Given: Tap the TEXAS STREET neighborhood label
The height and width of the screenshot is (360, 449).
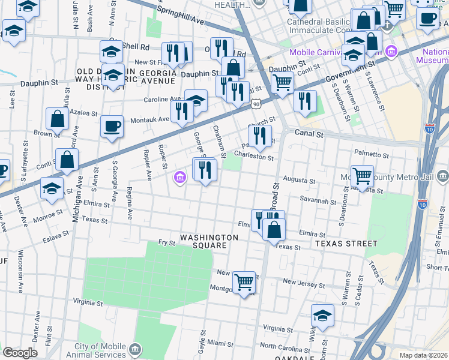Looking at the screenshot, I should point(345,244).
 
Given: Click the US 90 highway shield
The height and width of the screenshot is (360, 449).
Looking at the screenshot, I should point(256,104).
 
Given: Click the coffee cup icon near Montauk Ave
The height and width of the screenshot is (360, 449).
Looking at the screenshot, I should point(112,127).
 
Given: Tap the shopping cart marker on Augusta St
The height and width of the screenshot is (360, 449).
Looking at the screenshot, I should point(362,176).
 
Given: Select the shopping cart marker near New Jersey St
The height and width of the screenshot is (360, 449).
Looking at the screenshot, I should point(244,281).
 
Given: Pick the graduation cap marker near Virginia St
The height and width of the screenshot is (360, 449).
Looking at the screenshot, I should point(322,316).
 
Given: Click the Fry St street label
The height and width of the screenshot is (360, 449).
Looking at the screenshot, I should point(166,243).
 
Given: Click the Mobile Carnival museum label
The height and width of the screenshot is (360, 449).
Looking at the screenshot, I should point(337,52).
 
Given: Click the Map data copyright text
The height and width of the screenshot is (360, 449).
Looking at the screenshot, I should point(424,355).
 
